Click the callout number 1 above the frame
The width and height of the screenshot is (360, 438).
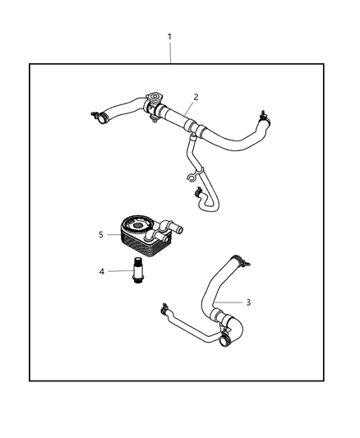(169, 37)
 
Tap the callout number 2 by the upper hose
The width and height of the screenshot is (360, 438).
(196, 97)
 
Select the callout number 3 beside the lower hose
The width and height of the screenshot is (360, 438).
(248, 302)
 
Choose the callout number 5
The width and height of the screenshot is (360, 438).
(101, 234)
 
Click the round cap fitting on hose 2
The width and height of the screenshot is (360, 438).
(152, 104)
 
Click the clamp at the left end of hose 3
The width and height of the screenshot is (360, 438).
(165, 309)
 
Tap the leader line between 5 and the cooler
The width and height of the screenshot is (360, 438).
(112, 234)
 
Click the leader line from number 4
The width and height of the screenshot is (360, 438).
(116, 270)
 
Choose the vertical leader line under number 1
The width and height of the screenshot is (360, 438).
(169, 53)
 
